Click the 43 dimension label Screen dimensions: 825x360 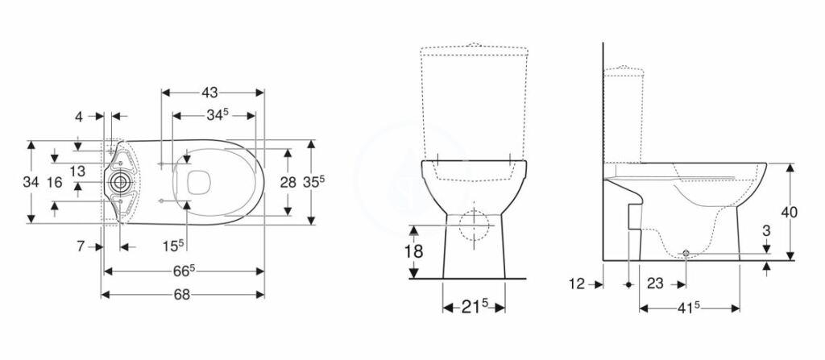click(209, 93)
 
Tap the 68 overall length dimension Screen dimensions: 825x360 click(182, 295)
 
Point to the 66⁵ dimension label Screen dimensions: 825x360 click(184, 271)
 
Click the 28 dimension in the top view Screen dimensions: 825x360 click(288, 183)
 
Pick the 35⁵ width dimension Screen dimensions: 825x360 click(314, 181)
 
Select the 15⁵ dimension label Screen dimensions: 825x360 click(173, 246)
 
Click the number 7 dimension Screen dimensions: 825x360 click(81, 246)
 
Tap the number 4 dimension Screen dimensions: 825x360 click(79, 116)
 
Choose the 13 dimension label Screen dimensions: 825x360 click(77, 171)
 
